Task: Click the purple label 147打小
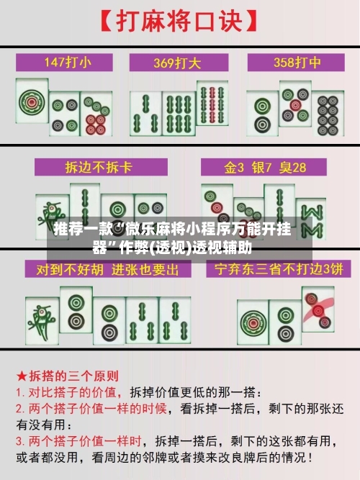(x=68, y=62)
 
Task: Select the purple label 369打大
(x=179, y=62)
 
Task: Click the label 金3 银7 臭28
(x=265, y=168)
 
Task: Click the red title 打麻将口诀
(x=178, y=22)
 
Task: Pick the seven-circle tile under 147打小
(x=96, y=114)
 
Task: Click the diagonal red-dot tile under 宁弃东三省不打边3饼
(x=318, y=309)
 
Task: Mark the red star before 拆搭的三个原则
(x=22, y=376)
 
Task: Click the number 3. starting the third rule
(x=21, y=440)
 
